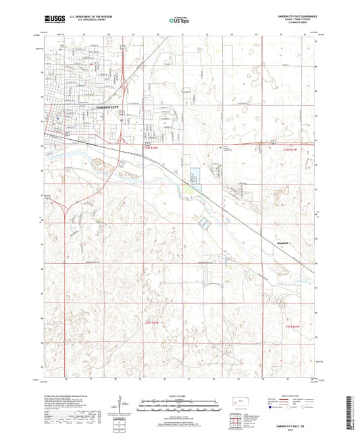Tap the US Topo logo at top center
click(x=179, y=21)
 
